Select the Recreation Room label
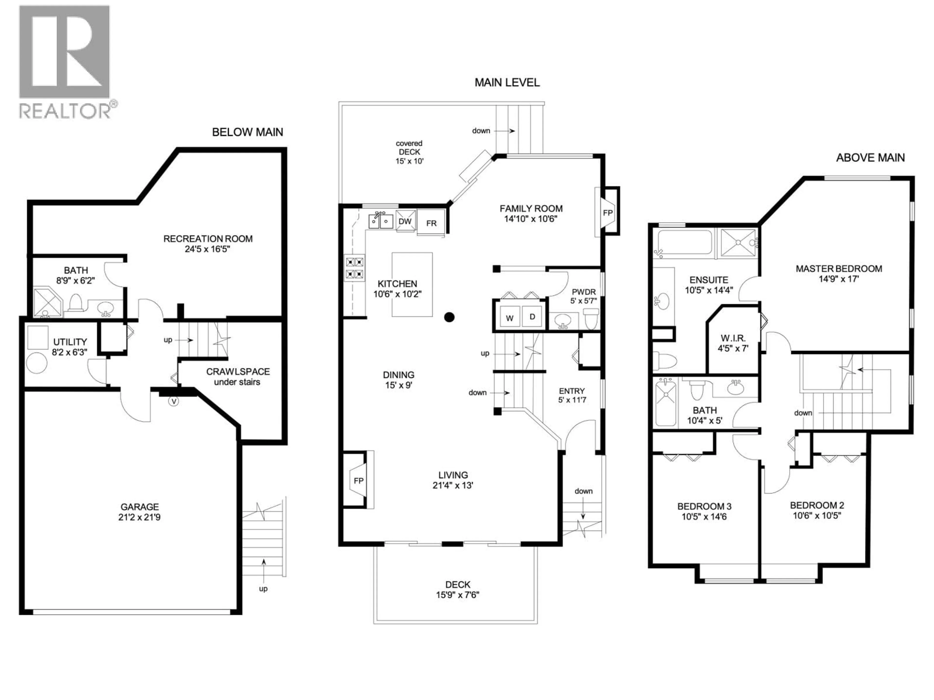[208, 239]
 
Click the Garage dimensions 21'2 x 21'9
[139, 517]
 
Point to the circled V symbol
[173, 401]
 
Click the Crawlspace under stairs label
[237, 376]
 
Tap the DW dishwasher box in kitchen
[405, 221]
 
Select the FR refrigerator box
[431, 223]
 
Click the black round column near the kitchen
[449, 317]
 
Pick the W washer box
[510, 318]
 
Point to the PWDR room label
[584, 292]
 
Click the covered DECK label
[409, 152]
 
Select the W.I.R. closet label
[733, 338]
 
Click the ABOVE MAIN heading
[870, 158]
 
